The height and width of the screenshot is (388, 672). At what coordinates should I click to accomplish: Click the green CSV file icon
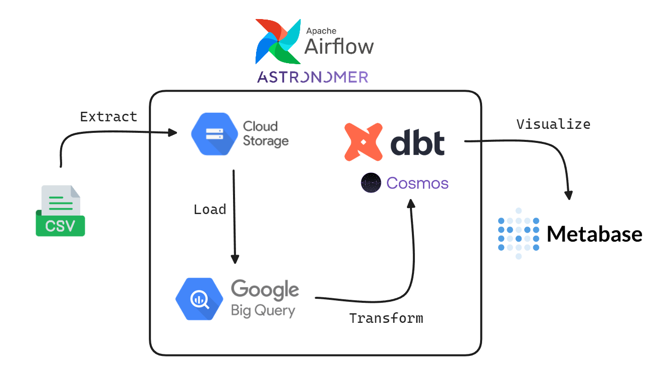click(x=60, y=211)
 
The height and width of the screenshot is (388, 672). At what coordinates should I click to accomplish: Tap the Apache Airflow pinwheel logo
click(x=278, y=42)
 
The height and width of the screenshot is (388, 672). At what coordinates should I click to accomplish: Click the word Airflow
click(x=339, y=47)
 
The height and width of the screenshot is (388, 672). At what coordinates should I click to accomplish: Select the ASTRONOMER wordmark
click(x=313, y=77)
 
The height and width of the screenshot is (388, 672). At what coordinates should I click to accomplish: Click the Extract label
click(x=109, y=116)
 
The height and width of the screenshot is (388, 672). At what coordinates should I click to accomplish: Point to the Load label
click(x=209, y=210)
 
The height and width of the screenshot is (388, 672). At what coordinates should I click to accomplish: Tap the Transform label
click(x=386, y=318)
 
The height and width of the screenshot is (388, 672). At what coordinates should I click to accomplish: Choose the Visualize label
click(x=554, y=124)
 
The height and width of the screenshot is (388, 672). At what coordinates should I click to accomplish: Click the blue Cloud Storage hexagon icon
click(x=214, y=134)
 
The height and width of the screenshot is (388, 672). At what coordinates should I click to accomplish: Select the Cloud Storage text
click(x=266, y=134)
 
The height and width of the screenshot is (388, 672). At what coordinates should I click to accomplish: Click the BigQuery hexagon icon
click(x=199, y=299)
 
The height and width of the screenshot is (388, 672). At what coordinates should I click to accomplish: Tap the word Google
click(x=265, y=289)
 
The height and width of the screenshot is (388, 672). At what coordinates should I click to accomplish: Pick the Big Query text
click(x=263, y=310)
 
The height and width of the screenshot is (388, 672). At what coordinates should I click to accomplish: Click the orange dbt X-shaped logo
click(x=363, y=142)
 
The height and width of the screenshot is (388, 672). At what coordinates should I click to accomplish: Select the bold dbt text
click(x=417, y=142)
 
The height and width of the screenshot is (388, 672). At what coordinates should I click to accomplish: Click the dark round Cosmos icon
click(x=371, y=182)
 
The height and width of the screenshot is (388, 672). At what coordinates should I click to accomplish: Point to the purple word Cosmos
click(x=417, y=183)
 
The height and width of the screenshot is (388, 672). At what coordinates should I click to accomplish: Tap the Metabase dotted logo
click(x=518, y=234)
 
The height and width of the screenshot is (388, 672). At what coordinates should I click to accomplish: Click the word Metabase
click(x=595, y=234)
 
